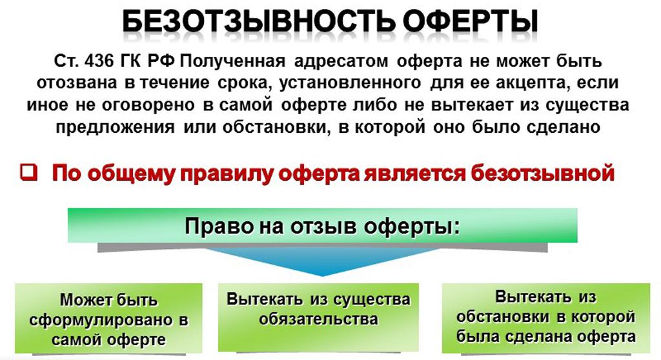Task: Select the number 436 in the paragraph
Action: click(99, 61)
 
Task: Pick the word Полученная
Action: click(232, 61)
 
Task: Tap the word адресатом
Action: click(341, 62)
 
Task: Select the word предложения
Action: click(115, 127)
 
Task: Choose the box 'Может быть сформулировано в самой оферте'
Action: click(108, 318)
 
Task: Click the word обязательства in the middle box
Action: click(319, 319)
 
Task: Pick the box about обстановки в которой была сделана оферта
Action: click(546, 318)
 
